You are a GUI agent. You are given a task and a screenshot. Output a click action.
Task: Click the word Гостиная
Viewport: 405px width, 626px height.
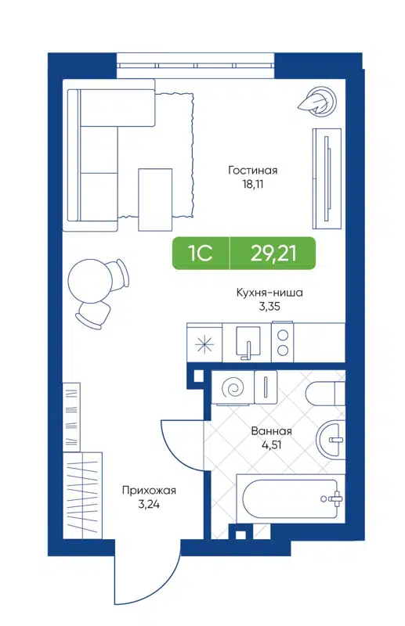pyautogui.click(x=253, y=170)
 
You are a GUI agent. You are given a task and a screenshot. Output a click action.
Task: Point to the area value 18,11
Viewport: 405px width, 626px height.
pyautogui.click(x=253, y=185)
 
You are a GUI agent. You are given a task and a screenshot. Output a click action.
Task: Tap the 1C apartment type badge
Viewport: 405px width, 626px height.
pyautogui.click(x=200, y=253)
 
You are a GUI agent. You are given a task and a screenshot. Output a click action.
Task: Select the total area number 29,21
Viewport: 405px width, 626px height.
pyautogui.click(x=273, y=253)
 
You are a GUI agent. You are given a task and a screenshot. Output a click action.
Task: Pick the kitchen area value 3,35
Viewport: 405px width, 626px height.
pyautogui.click(x=269, y=307)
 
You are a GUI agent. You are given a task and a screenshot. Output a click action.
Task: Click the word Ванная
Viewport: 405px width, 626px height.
pyautogui.click(x=272, y=431)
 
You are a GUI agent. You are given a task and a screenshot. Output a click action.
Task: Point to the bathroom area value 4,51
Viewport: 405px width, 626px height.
pyautogui.click(x=272, y=447)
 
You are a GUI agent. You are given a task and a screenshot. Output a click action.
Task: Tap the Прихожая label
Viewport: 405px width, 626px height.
pyautogui.click(x=149, y=491)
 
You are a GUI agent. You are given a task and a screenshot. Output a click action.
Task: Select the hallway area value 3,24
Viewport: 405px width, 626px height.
pyautogui.click(x=149, y=505)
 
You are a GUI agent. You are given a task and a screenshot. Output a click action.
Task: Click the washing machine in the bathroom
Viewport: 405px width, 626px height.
pyautogui.click(x=234, y=388)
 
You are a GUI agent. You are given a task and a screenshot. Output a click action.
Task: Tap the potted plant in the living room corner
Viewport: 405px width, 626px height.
pyautogui.click(x=320, y=99)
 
